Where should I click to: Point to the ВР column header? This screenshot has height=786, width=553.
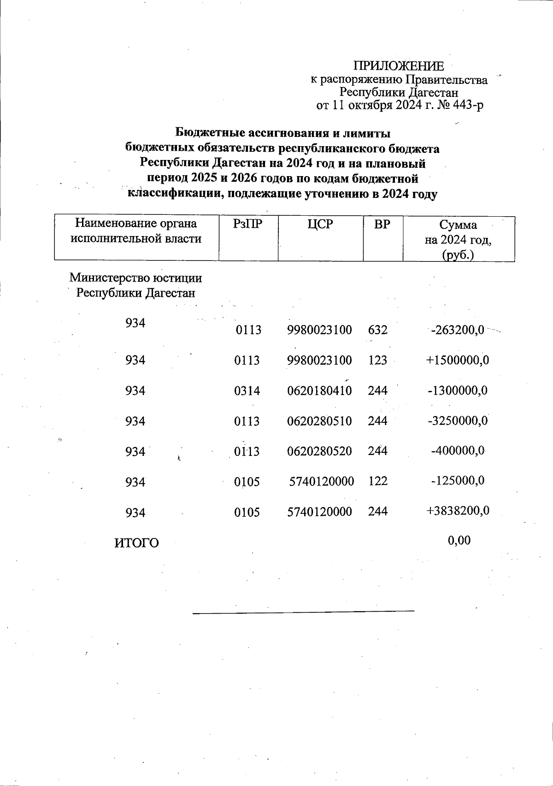382,225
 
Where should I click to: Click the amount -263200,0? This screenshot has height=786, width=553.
457,330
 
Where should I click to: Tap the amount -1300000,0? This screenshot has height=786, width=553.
458,390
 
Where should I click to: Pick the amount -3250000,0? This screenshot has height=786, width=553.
458,421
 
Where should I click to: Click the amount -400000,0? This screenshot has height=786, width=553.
457,450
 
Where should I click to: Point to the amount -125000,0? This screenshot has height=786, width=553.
457,481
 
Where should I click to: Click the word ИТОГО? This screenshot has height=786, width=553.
136,543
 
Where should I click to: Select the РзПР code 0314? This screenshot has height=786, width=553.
247,391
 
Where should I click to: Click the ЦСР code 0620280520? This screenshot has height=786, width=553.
319,451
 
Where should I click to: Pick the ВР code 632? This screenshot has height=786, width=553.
378,330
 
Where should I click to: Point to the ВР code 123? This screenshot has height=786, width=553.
378,360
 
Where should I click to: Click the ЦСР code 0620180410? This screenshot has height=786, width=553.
319,391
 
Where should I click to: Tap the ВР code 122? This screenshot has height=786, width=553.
378,481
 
